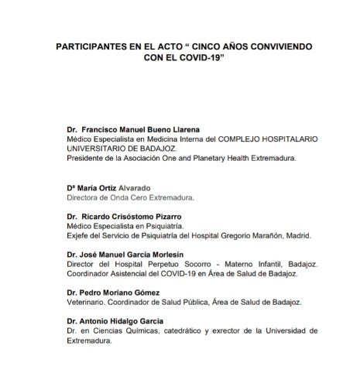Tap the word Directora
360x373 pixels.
pyautogui.click(x=84, y=198)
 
